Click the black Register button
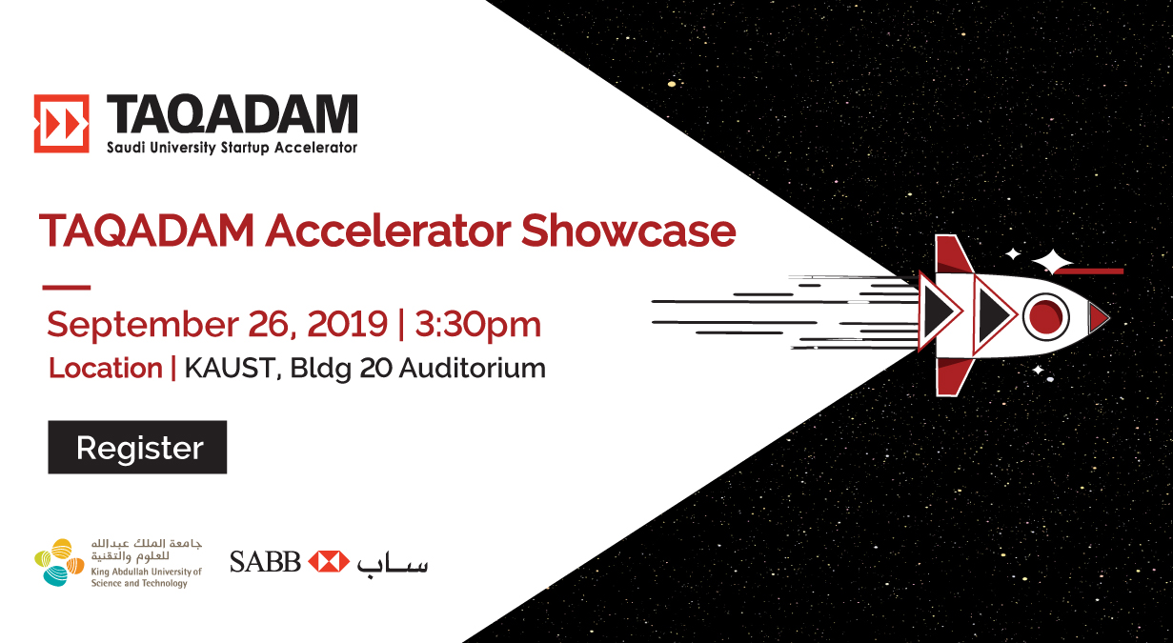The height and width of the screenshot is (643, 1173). tap(137, 447)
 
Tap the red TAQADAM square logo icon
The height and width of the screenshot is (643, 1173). tap(61, 124)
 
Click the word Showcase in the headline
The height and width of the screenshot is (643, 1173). tap(628, 231)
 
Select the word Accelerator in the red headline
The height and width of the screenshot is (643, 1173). tap(388, 231)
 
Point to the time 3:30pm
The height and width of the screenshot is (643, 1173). tap(477, 325)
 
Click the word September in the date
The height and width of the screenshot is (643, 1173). tap(142, 325)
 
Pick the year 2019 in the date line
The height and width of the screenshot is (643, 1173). tap(347, 324)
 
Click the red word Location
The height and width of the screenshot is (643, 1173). tap(106, 368)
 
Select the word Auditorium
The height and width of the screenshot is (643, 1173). tap(473, 368)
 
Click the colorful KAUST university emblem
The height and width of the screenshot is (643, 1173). tap(59, 562)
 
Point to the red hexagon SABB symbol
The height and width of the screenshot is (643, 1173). tap(329, 561)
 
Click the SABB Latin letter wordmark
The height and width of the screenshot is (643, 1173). tap(265, 562)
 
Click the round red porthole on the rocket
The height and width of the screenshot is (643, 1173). tap(1045, 317)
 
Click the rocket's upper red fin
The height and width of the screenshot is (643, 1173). tap(953, 254)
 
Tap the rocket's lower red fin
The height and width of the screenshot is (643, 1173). tap(953, 377)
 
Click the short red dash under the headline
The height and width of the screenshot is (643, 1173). tap(67, 287)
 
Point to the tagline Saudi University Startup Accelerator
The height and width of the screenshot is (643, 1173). tap(232, 148)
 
